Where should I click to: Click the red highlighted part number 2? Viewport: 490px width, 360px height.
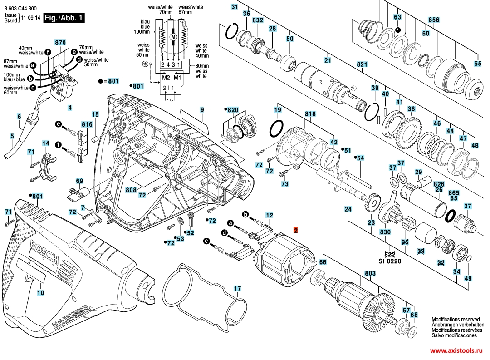pos(295,231)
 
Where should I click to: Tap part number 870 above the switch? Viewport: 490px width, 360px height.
pos(60,43)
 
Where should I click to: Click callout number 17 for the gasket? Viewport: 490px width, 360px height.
pos(237,288)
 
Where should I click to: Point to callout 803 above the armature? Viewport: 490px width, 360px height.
pos(370,274)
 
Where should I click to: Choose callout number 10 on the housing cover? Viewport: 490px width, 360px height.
pos(41,293)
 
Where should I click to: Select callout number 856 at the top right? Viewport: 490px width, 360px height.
pos(434,20)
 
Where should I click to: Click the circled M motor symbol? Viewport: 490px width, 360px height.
pos(173,36)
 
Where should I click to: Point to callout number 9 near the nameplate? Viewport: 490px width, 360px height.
pos(202,110)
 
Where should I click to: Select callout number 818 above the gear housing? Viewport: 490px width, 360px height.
pos(310,113)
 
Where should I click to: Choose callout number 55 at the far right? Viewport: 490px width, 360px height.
pos(477,64)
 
